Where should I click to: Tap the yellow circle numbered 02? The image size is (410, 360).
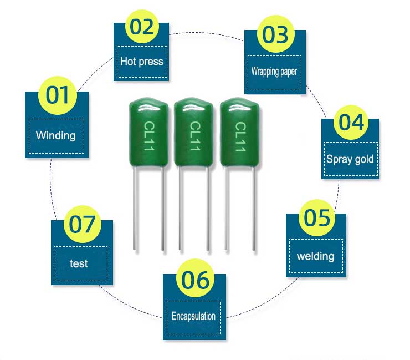(142, 27)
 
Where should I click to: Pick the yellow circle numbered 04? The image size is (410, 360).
(351, 121)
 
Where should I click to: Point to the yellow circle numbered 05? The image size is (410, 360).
(317, 218)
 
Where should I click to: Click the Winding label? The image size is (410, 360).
(55, 135)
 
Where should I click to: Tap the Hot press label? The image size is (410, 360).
(142, 61)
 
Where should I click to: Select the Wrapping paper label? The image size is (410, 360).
(274, 71)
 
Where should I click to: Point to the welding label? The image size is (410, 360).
(315, 256)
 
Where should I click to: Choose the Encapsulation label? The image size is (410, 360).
(193, 316)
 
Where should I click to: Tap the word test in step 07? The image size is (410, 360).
(79, 263)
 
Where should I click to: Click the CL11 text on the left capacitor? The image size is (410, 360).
(149, 136)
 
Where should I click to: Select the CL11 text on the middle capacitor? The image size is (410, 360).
(194, 136)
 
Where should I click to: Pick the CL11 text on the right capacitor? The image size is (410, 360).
(240, 136)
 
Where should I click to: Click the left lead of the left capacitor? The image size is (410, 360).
(135, 211)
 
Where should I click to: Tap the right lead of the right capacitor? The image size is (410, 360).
(253, 211)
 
